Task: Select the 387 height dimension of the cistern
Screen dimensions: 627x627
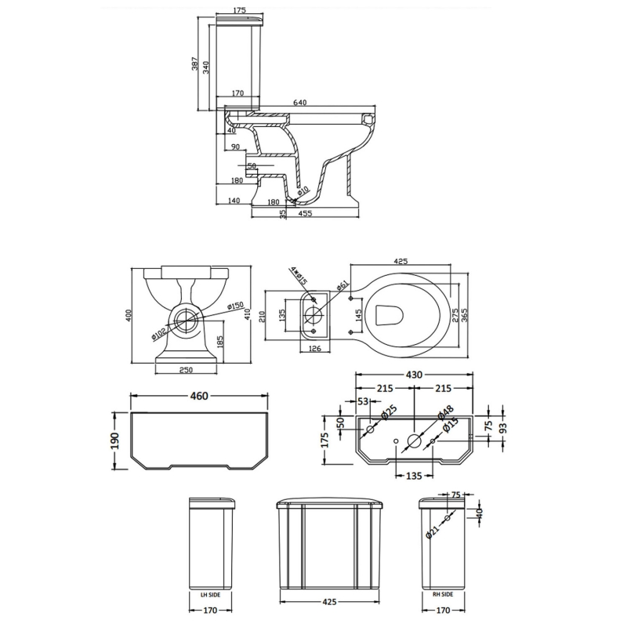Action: pos(194,65)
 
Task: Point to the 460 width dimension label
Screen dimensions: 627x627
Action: pos(199,397)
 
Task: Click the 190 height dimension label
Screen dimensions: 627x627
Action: pos(114,441)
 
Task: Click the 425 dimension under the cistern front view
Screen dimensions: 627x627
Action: pos(330,603)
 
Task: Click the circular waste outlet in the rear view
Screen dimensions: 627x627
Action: pos(186,318)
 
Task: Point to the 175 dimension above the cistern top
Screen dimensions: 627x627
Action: pos(230,11)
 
